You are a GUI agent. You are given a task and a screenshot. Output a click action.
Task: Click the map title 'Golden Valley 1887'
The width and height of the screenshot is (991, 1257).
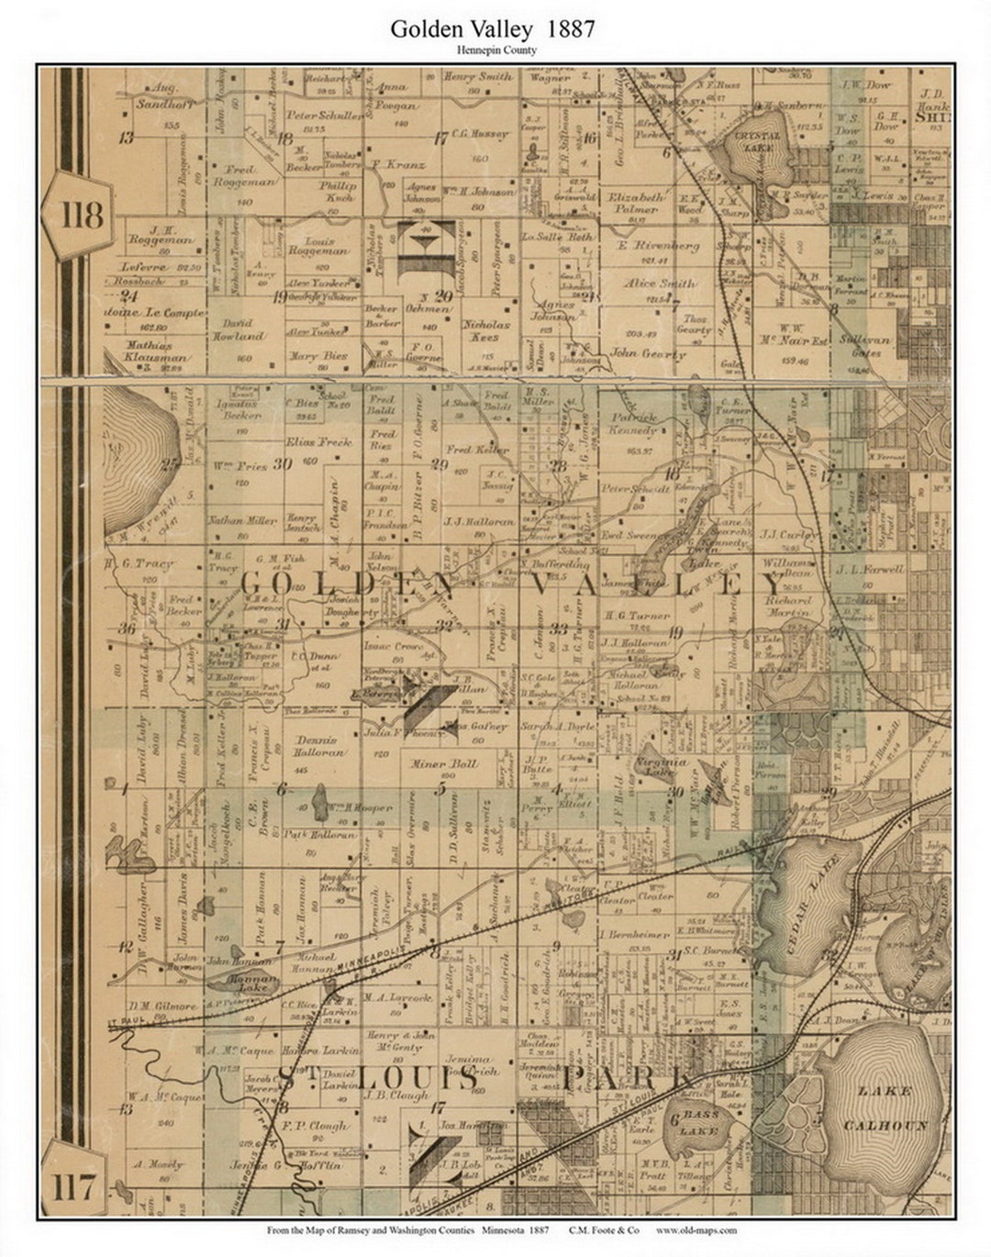(493, 29)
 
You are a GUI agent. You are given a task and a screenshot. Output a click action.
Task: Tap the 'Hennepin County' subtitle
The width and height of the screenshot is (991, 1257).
(493, 50)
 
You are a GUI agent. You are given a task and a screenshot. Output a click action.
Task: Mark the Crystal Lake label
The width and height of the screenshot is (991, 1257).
(758, 140)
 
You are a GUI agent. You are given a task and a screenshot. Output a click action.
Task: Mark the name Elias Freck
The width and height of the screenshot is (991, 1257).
(319, 441)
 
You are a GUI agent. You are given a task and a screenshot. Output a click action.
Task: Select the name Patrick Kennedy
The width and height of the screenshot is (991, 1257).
(633, 423)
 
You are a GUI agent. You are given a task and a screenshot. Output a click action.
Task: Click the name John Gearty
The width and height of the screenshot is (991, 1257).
(648, 353)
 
